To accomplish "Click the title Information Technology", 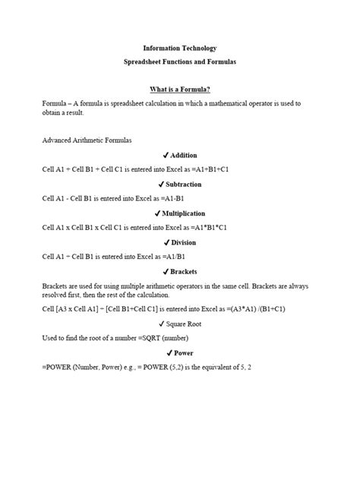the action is coord(180,48).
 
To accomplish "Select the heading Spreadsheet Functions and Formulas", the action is coord(180,63).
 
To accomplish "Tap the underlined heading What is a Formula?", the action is coord(180,89).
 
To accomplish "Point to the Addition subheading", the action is coord(184,155).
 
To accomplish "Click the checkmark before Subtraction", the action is coord(161,185).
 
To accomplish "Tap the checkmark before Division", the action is coord(166,242).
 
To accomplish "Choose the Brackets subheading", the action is coord(184,271).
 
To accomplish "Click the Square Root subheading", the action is coord(184,324).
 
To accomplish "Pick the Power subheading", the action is coord(184,353).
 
